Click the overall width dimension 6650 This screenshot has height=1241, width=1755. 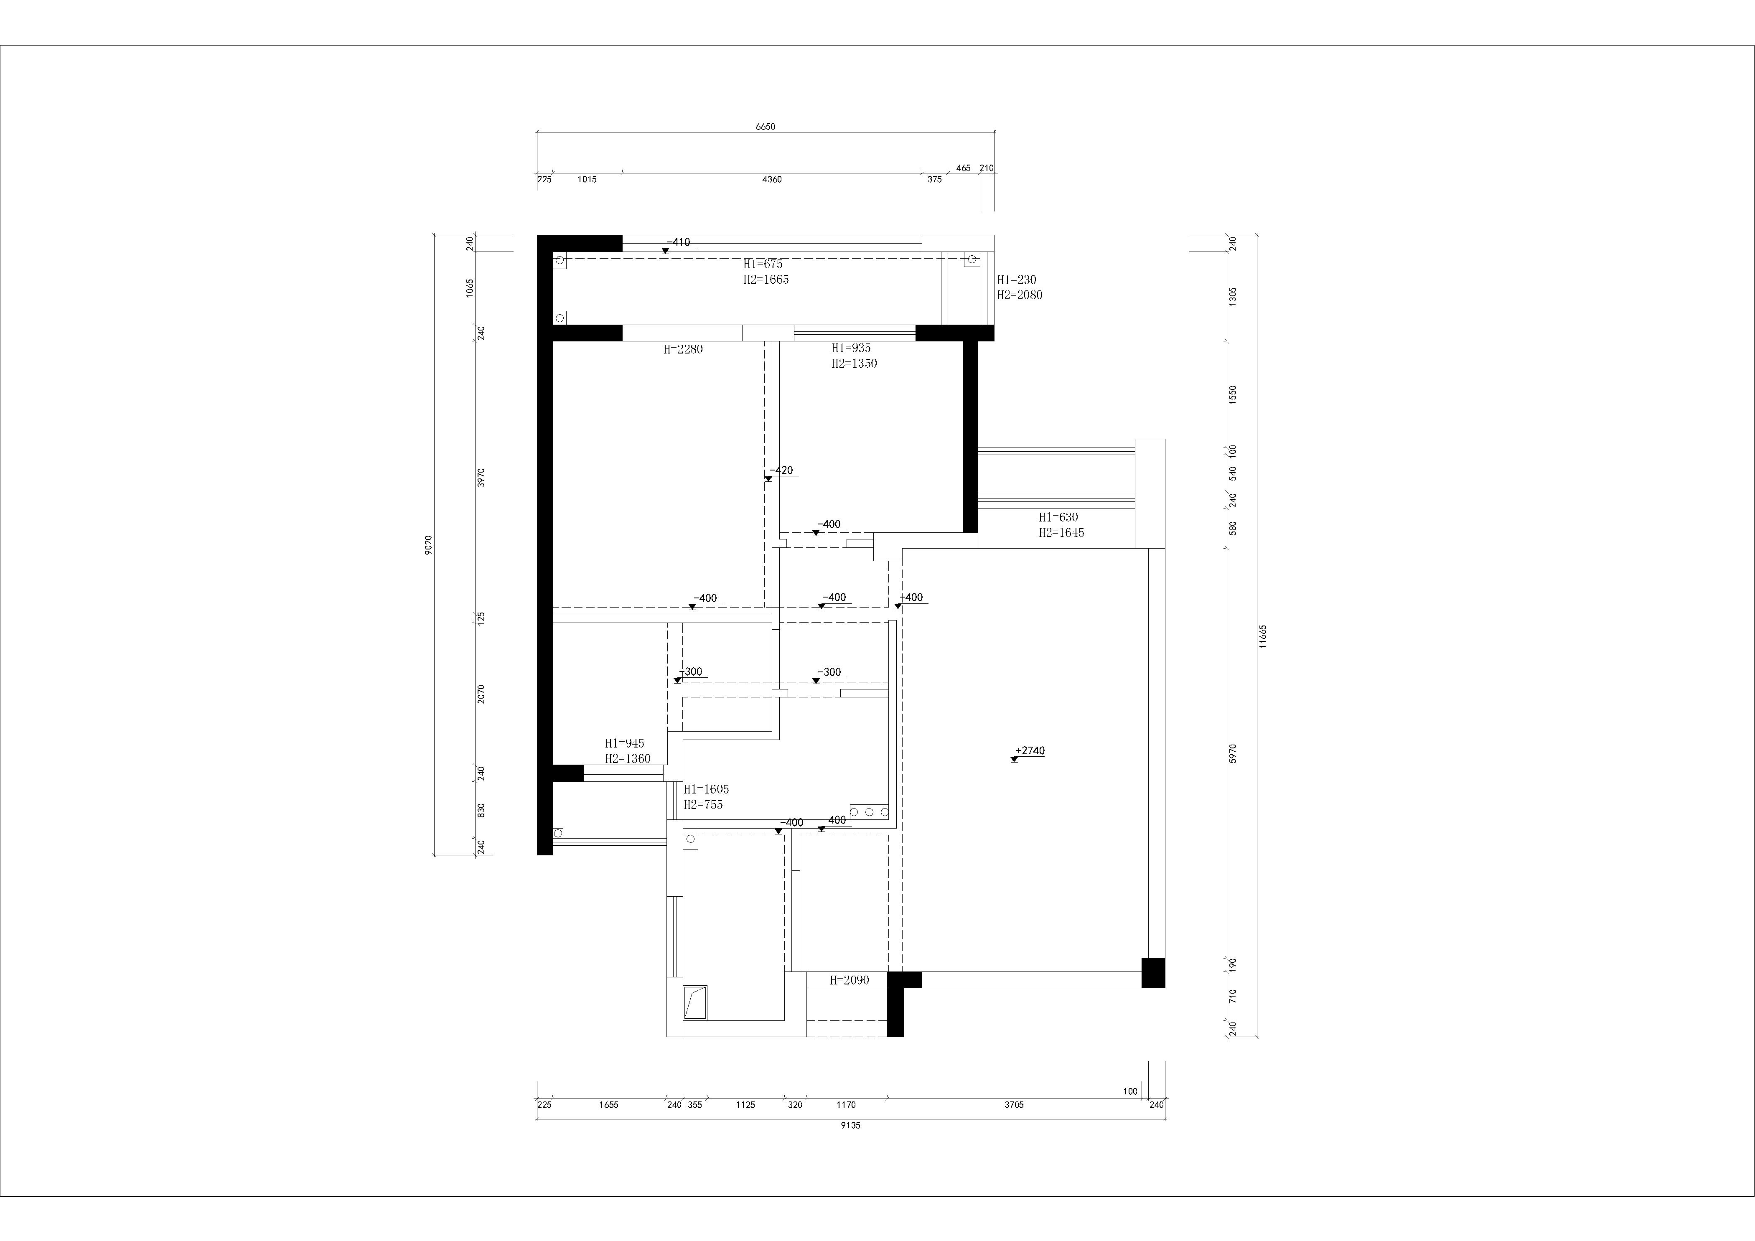(x=765, y=127)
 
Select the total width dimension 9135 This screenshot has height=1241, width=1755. (x=850, y=1125)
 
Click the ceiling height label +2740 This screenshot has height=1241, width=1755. (x=1030, y=750)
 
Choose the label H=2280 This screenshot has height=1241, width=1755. (x=683, y=349)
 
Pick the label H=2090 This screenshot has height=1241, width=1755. (x=849, y=980)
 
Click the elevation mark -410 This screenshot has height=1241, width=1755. (x=678, y=242)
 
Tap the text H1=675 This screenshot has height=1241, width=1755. (x=763, y=264)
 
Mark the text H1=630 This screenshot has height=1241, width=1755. (x=1058, y=517)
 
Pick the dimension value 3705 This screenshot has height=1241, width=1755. (x=1014, y=1104)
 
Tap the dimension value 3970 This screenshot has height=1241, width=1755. (x=481, y=478)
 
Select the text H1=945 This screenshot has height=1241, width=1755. (x=625, y=743)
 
